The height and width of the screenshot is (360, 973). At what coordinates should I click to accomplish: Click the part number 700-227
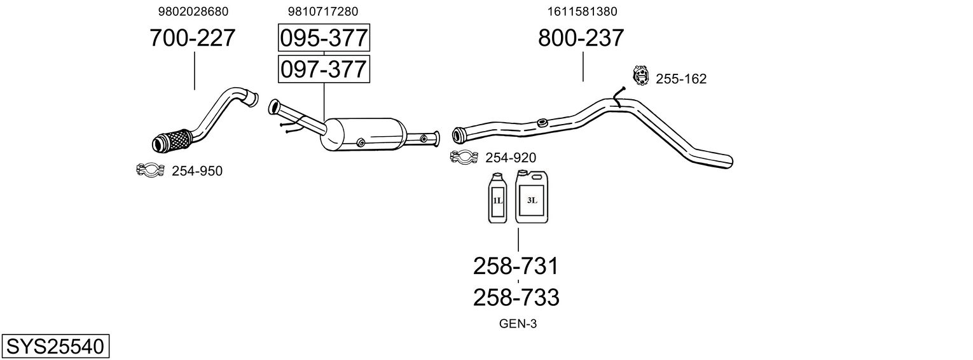point(193,38)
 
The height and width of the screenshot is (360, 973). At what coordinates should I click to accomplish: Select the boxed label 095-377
point(324,38)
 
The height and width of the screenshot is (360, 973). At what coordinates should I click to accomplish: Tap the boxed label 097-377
point(324,68)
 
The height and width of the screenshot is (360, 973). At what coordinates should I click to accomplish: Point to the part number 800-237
point(581,38)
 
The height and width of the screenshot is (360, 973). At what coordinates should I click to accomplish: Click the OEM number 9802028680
point(193,11)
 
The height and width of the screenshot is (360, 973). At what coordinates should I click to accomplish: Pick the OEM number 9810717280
point(323,11)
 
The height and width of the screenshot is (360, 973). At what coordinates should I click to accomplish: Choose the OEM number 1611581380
point(582,11)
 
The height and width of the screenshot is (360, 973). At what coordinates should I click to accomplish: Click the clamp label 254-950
point(197,170)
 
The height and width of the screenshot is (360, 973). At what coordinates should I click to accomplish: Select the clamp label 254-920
point(511,158)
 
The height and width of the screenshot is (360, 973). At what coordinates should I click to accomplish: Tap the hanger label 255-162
point(681,79)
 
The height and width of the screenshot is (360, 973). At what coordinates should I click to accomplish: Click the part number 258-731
point(516,266)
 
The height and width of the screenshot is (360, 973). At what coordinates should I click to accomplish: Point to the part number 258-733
point(516,297)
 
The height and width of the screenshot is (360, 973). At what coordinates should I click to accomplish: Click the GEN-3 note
point(518,324)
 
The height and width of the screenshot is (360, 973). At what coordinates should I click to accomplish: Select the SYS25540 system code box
point(55,347)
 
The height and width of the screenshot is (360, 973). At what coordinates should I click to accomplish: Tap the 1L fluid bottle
point(497,198)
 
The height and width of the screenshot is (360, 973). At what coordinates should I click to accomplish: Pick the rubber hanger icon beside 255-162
point(640,76)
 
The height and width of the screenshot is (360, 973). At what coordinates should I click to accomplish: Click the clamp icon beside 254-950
point(151,169)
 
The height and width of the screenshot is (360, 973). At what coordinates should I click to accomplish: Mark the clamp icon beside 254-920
point(464,156)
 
